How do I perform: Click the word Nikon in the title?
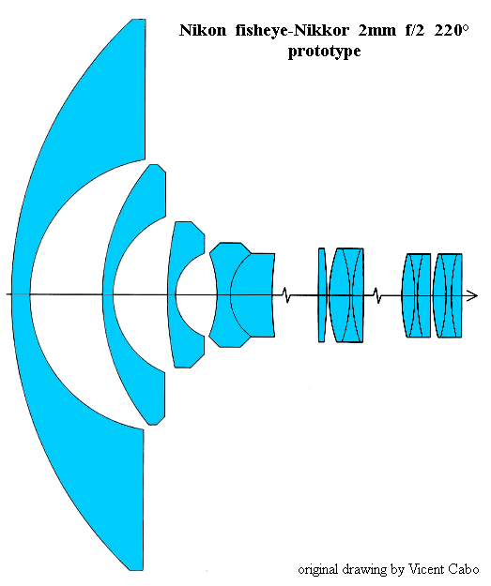(x=203, y=30)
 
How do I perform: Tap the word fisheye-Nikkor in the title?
(x=292, y=31)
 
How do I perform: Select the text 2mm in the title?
(x=376, y=31)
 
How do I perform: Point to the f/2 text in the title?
(x=415, y=30)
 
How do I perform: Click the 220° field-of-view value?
(x=452, y=30)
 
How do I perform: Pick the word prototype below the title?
(x=324, y=52)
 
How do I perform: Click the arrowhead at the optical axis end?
(x=473, y=295)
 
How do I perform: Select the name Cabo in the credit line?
(x=466, y=569)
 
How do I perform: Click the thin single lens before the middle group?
(x=322, y=294)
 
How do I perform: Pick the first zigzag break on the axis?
(x=285, y=294)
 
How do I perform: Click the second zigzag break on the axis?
(x=377, y=295)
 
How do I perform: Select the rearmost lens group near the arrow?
(x=448, y=295)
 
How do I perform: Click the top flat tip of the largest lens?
(x=139, y=20)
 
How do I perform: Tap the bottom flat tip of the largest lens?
(x=136, y=570)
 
